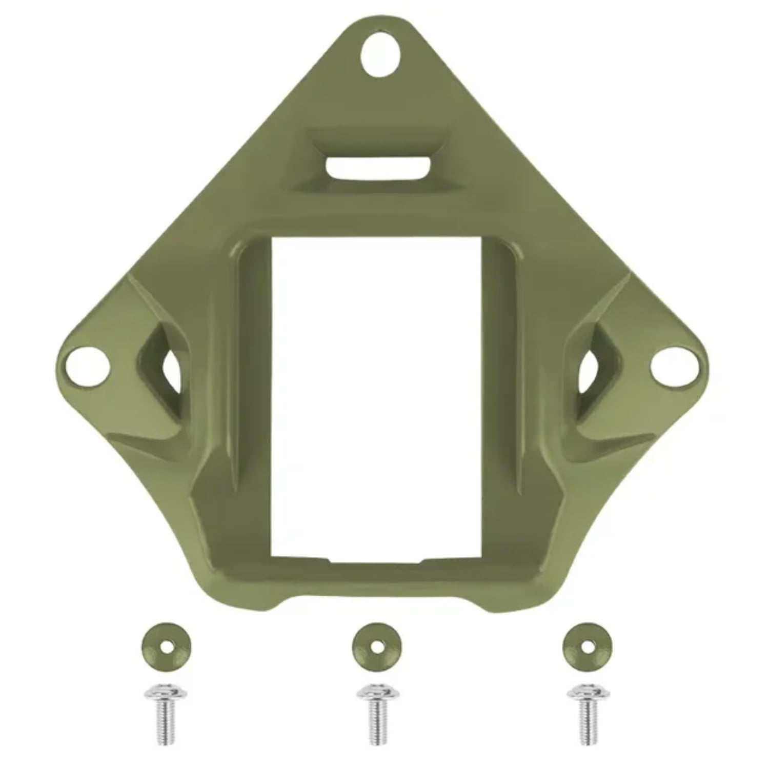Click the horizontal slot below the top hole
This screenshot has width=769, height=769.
coord(378,168)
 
